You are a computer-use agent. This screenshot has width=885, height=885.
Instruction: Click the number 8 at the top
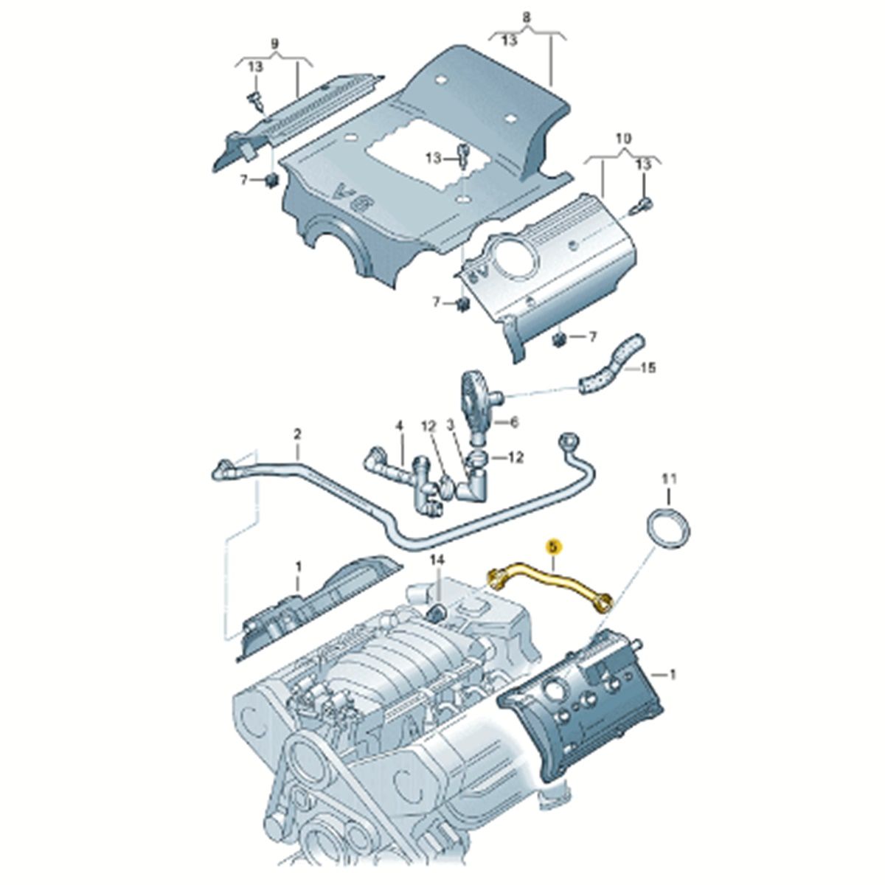(527, 18)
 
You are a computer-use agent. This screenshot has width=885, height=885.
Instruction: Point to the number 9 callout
(274, 44)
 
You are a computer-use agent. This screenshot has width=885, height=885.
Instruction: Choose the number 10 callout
(623, 138)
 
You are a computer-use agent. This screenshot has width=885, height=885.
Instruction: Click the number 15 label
(648, 368)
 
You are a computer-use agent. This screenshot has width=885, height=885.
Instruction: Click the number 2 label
(297, 433)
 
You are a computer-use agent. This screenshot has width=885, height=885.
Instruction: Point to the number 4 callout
(399, 427)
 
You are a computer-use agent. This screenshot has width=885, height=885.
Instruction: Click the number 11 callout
(669, 479)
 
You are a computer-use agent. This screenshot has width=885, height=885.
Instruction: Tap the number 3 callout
(450, 426)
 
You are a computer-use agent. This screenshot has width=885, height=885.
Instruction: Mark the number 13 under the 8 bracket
(509, 41)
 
